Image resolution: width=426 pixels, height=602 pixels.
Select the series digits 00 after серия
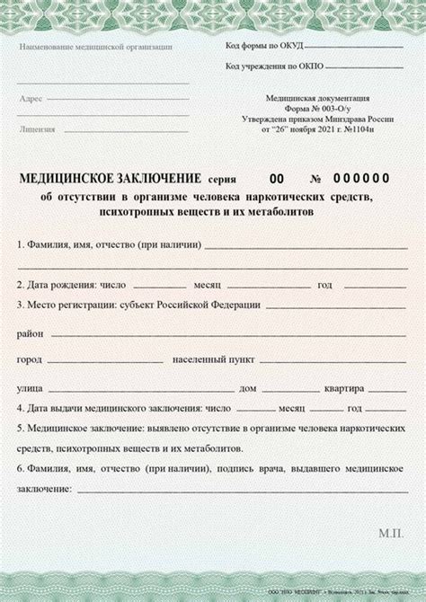click(279, 177)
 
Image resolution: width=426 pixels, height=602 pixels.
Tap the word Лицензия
click(37, 129)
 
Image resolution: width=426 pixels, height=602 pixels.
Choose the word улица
click(30, 388)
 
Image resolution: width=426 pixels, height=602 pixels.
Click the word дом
click(248, 388)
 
